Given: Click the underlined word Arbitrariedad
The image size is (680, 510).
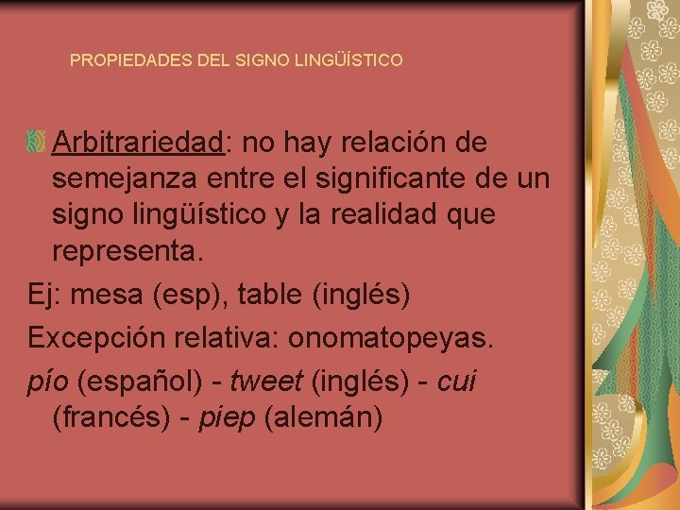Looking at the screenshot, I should [x=139, y=143].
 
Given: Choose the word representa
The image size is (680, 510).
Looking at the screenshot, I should [x=127, y=252].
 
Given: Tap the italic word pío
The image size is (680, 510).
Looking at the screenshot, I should [x=48, y=382].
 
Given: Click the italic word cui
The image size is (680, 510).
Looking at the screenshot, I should [x=458, y=381].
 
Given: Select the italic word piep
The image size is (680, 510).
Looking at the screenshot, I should [x=228, y=417].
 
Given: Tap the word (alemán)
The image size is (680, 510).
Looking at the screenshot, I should [x=324, y=417].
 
